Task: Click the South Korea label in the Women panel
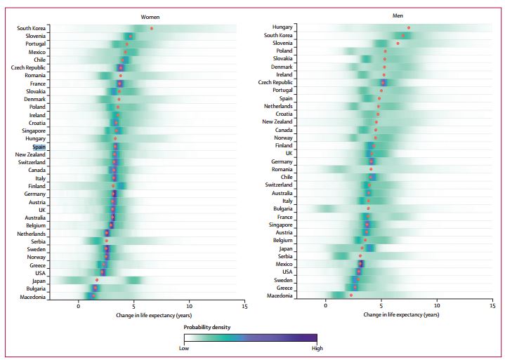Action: point(32,28)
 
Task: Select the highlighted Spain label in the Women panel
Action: point(39,147)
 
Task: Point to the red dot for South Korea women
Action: point(152,28)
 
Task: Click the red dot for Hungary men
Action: point(409,27)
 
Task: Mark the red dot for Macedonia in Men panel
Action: point(351,295)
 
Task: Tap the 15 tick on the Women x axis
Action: point(244,307)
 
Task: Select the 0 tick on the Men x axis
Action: point(326,307)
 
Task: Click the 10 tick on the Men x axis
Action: point(437,307)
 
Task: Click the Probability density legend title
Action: point(207,327)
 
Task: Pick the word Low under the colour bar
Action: point(184,347)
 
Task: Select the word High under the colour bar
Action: point(317,347)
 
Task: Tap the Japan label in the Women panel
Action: point(37,281)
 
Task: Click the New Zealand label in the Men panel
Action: point(277,121)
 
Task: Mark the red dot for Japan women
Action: point(97,280)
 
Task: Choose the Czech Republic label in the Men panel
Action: point(275,82)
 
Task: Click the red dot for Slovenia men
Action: point(398,43)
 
